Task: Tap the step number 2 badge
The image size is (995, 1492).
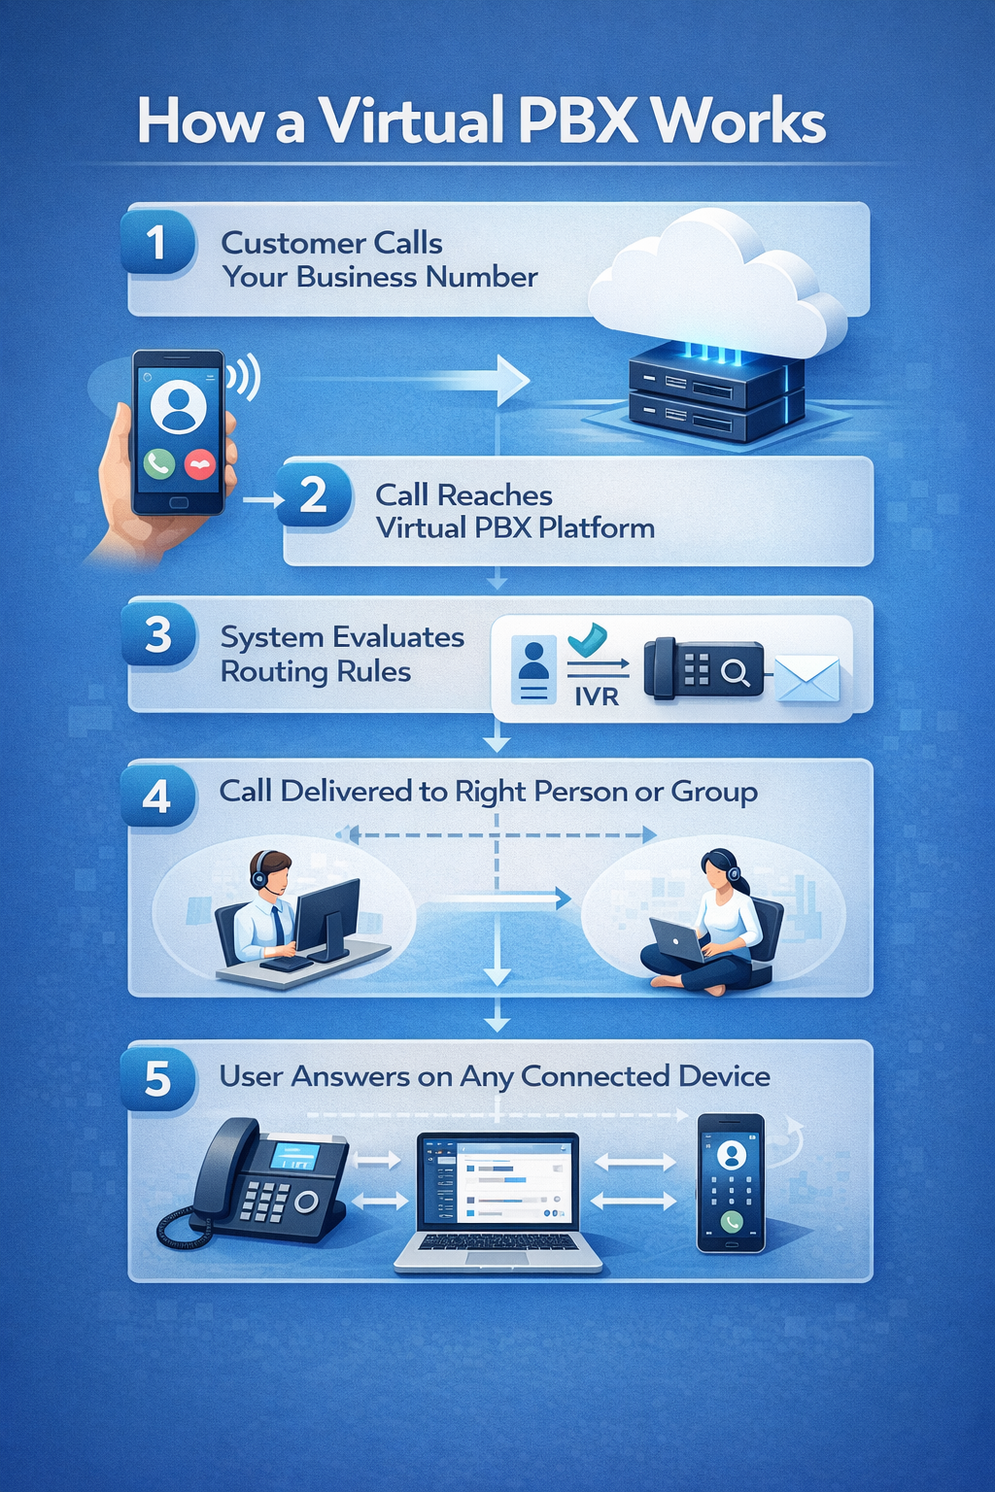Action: tap(313, 495)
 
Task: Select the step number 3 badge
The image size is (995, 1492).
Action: tap(158, 636)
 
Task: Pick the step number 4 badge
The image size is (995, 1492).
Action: tap(157, 797)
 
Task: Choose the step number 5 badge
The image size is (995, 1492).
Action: tap(158, 1079)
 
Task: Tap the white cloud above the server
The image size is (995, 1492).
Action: tap(719, 282)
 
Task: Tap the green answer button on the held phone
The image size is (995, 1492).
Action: tap(159, 463)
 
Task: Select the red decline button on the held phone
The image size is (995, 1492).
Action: tap(200, 464)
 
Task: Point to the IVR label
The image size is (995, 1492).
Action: tap(596, 695)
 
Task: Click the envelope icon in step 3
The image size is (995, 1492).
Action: tap(807, 678)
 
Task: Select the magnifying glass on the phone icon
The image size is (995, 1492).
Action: tap(736, 671)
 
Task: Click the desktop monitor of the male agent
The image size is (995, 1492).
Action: tap(326, 917)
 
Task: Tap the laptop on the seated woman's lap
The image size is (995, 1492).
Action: tap(676, 939)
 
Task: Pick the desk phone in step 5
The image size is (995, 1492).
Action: tap(262, 1182)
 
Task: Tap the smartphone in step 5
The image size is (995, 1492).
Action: tap(731, 1182)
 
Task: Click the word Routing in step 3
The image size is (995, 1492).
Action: tap(268, 672)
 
